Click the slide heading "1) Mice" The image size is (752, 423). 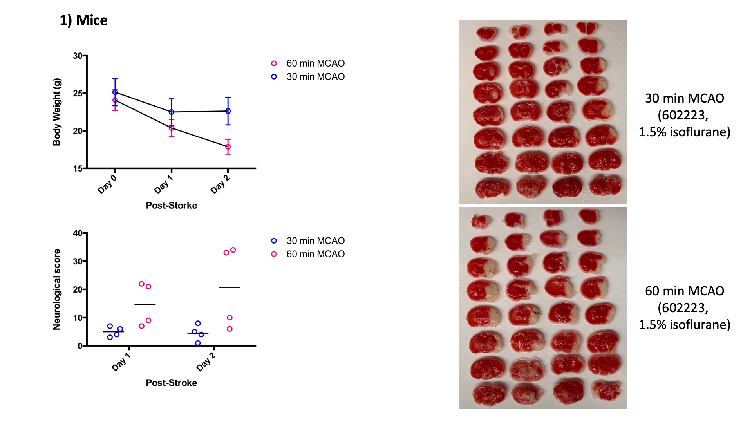(83, 20)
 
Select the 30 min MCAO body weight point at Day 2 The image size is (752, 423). (228, 111)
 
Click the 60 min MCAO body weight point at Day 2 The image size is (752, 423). (228, 147)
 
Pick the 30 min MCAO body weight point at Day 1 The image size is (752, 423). (172, 112)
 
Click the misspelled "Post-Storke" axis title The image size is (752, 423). (171, 205)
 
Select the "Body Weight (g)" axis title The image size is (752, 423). (57, 112)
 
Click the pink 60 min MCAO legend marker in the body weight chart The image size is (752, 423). (274, 63)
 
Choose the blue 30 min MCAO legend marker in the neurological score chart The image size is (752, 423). (274, 241)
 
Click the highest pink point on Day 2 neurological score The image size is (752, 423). (233, 250)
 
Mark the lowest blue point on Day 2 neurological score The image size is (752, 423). (198, 343)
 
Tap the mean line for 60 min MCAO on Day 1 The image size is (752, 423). (145, 304)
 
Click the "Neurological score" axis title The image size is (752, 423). (57, 289)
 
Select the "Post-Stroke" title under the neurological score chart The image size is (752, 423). (171, 383)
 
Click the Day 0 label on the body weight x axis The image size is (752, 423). (107, 184)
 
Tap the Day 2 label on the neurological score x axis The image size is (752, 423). (206, 361)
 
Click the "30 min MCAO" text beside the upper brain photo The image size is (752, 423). (684, 98)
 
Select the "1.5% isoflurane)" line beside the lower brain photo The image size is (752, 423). (684, 325)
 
